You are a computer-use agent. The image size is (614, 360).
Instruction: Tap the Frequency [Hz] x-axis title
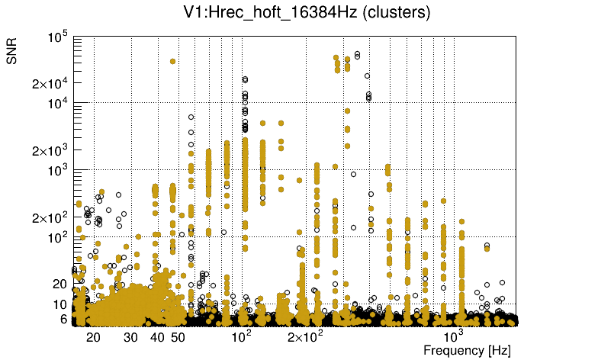[467, 350]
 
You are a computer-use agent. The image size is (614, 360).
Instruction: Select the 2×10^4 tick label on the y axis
[50, 83]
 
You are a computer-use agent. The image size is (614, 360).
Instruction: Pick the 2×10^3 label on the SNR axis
[50, 150]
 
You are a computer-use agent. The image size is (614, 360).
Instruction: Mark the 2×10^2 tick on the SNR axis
[50, 217]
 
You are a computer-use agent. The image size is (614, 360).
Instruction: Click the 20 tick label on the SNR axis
[61, 284]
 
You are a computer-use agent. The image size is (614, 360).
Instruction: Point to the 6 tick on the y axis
[65, 320]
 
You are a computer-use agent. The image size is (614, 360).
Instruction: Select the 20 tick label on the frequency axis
[94, 337]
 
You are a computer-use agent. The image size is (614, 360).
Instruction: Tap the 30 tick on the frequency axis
[131, 337]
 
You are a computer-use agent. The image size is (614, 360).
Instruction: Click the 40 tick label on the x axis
[157, 337]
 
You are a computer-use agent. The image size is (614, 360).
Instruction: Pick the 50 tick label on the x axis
[178, 337]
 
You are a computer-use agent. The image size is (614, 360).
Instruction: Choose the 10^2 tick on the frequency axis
[241, 336]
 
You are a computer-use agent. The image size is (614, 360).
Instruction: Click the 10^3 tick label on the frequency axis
[454, 336]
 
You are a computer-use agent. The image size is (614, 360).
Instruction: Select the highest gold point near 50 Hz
[173, 61]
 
